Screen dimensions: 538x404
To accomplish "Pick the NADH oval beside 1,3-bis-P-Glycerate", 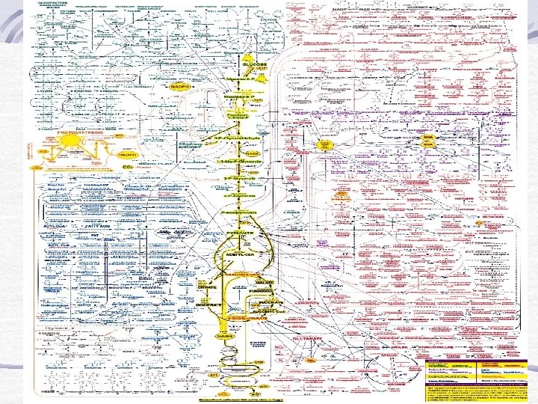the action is coord(251,153).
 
